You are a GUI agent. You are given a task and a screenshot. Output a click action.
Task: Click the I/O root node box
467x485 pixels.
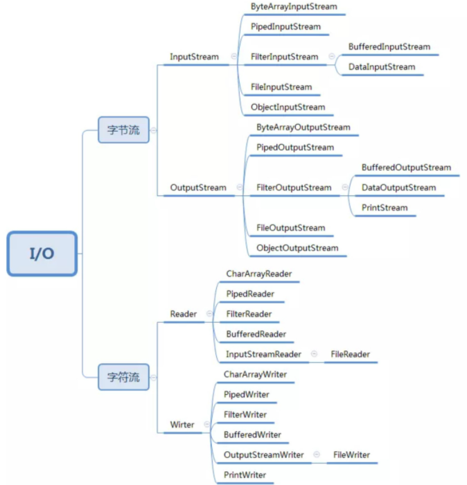pos(42,254)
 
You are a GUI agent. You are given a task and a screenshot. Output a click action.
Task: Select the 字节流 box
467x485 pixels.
pos(123,130)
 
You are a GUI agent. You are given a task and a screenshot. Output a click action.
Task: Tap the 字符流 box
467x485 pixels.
pos(123,377)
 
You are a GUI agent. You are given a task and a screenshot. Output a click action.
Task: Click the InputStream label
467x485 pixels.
pos(194,57)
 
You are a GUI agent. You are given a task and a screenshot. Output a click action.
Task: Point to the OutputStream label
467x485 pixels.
pos(198,187)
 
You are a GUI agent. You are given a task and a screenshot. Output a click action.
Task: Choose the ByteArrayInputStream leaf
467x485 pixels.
pos(294,7)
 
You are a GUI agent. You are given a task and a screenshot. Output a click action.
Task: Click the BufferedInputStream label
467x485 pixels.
pos(389,47)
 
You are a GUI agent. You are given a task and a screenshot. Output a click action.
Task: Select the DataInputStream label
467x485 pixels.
pos(382,67)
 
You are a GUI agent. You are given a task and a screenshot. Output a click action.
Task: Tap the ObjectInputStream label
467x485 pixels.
pos(288,107)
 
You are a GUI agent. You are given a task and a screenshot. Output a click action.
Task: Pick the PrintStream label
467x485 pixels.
pos(385,208)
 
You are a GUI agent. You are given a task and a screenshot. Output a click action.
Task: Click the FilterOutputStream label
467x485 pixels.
pos(294,188)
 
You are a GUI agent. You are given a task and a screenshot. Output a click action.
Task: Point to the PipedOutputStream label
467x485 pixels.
pos(294,148)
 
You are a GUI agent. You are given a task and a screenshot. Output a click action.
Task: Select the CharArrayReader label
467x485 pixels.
pos(258,274)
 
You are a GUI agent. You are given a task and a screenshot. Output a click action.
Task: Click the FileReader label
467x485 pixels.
pos(350,354)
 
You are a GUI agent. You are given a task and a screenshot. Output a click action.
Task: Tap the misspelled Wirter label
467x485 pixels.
pos(182,424)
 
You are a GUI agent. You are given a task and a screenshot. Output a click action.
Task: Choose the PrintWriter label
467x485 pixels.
pos(245,475)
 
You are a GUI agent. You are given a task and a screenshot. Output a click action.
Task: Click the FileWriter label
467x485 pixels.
pos(351,455)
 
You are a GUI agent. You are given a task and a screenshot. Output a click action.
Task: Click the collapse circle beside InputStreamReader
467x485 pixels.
pos(314,354)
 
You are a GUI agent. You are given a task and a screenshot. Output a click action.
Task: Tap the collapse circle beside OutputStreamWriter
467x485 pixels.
pos(317,455)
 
